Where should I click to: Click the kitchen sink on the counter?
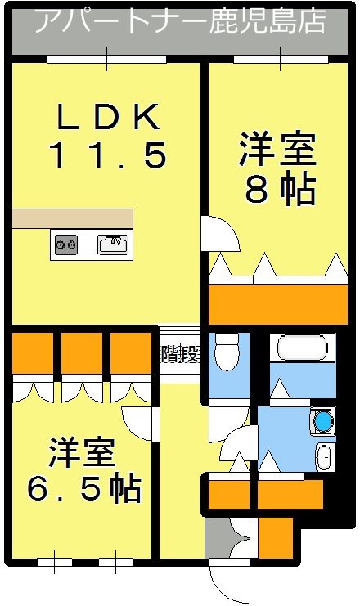pyautogui.click(x=113, y=244)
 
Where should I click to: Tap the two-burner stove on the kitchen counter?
pyautogui.click(x=65, y=244)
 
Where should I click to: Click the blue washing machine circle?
pyautogui.click(x=324, y=421)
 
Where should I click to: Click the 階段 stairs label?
pyautogui.click(x=178, y=354)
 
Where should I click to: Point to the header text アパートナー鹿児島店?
pyautogui.click(x=180, y=20)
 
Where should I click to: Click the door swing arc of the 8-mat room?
pyautogui.click(x=222, y=236)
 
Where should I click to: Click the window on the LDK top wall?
pyautogui.click(x=106, y=60)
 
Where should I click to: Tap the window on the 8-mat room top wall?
pyautogui.click(x=281, y=60)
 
